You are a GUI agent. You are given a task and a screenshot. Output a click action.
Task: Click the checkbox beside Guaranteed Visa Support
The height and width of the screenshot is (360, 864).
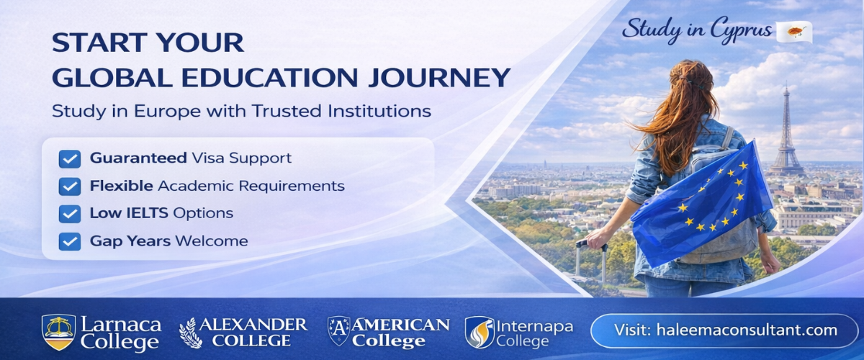(x=70, y=158)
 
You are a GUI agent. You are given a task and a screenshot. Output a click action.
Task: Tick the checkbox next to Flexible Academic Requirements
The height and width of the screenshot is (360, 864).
(x=70, y=186)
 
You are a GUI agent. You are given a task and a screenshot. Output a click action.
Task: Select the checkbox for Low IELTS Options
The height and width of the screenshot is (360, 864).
(x=70, y=213)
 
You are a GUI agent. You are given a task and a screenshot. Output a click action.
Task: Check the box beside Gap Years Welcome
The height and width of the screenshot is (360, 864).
(x=70, y=241)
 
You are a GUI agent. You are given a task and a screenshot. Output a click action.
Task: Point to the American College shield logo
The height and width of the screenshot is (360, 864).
(x=338, y=331)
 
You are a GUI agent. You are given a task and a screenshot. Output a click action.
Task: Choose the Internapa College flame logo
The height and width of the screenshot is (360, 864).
(x=480, y=331)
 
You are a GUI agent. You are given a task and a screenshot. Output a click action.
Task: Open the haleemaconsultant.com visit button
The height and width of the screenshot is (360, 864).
(x=724, y=330)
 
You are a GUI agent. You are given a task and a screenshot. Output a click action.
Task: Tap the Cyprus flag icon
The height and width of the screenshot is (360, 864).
(x=794, y=32)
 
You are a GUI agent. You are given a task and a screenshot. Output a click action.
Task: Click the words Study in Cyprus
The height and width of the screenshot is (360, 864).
(x=697, y=30)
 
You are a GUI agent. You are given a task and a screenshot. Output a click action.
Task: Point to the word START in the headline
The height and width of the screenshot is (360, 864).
(x=93, y=42)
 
